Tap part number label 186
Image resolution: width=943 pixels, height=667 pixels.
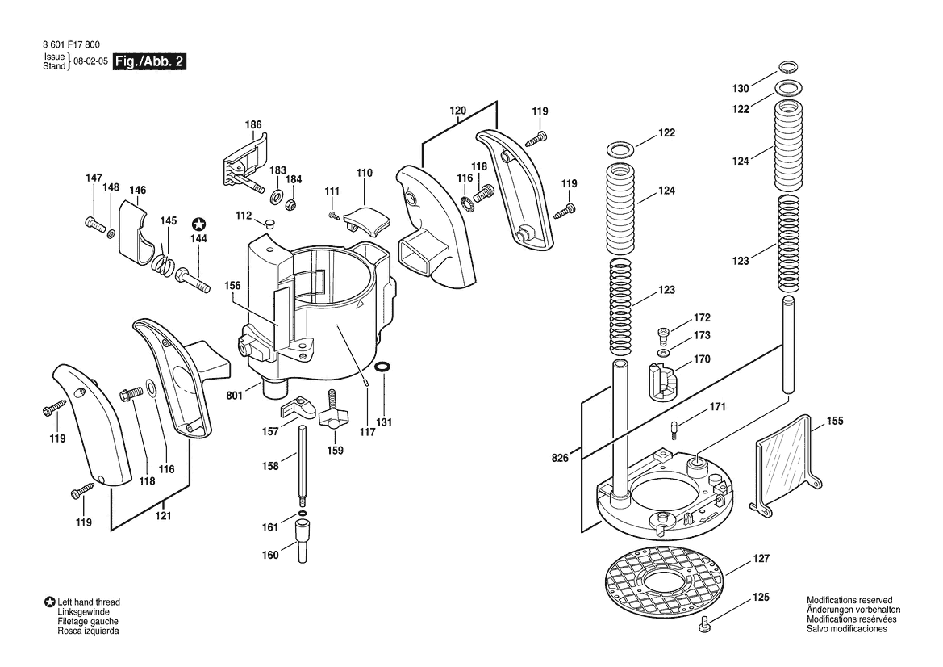[253, 125]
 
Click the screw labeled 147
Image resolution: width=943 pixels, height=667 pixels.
[95, 223]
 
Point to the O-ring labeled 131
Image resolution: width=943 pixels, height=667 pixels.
[386, 369]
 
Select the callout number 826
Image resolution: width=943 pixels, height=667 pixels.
[560, 458]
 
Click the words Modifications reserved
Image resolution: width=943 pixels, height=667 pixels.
[849, 600]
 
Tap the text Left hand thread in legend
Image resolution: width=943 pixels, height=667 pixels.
[89, 602]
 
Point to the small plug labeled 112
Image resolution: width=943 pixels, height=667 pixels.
[269, 221]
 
